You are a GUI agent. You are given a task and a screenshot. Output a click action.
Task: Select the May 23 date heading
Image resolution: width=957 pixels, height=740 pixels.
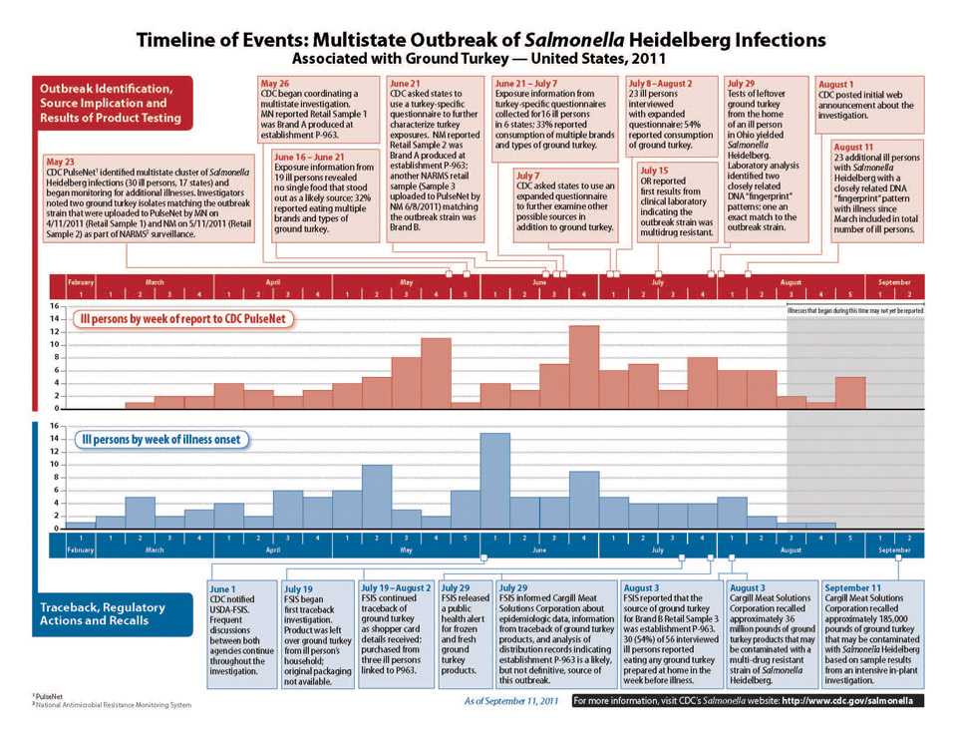[63, 162]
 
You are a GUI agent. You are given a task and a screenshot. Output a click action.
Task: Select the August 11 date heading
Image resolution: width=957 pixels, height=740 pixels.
[853, 147]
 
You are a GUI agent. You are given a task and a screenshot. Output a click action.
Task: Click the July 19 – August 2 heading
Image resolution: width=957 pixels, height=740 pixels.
[397, 588]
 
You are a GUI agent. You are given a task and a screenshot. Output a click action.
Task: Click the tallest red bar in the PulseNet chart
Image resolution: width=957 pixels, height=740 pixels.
[583, 366]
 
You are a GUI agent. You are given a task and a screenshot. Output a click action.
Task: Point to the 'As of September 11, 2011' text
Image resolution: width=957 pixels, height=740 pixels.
[512, 702]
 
